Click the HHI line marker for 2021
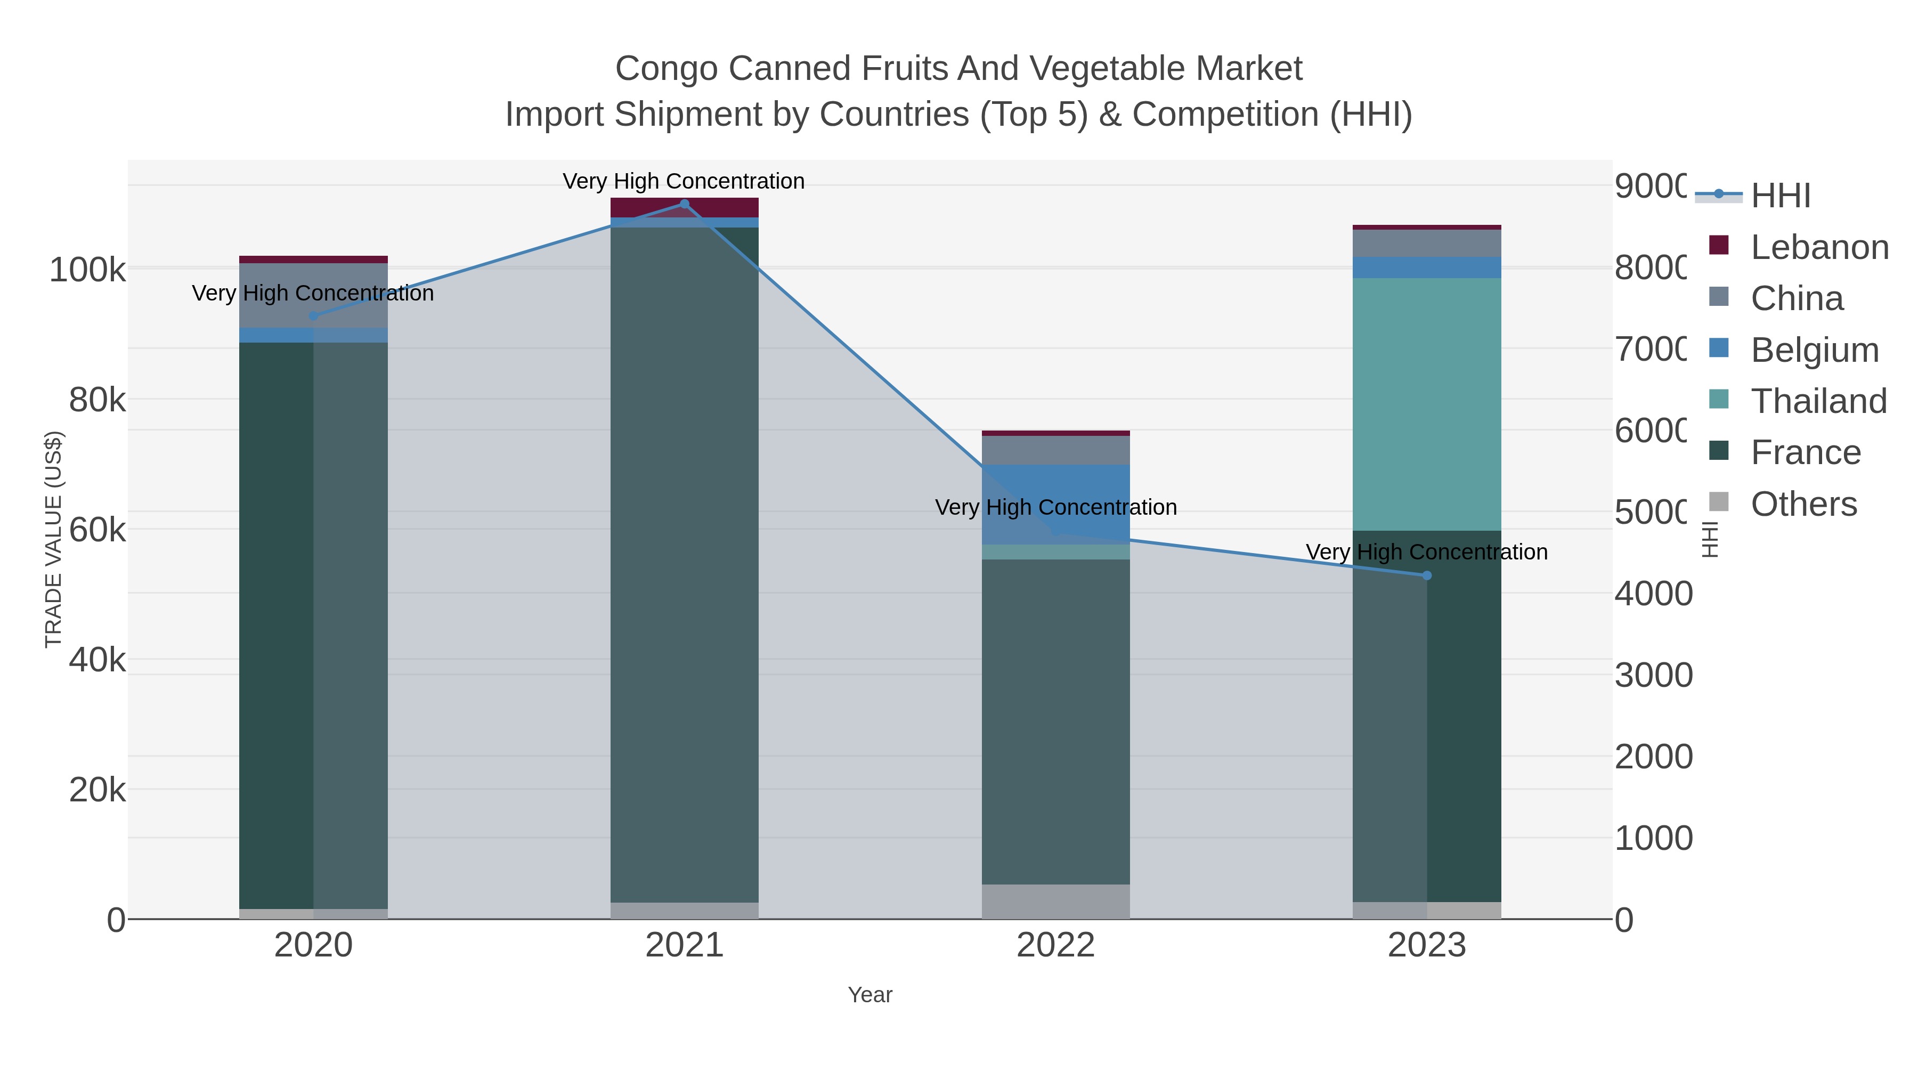pos(684,204)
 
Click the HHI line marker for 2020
pos(313,316)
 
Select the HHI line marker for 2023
pos(1427,575)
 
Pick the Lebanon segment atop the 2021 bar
pos(684,207)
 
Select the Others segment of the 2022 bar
pos(1056,901)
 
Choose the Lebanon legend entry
pos(1818,247)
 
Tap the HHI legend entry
pos(1779,196)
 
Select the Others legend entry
pos(1802,504)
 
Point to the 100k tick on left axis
pos(87,270)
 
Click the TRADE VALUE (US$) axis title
pos(54,539)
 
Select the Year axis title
pos(869,995)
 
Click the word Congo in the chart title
pos(665,69)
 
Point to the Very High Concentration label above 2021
pos(684,181)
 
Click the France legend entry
pos(1805,453)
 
